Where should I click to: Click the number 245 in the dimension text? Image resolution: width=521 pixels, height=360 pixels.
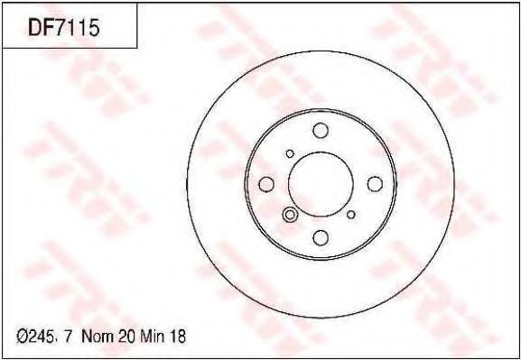(x=42, y=337)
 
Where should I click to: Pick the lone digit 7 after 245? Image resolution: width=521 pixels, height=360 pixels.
(x=68, y=337)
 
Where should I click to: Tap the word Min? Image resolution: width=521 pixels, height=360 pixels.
(x=153, y=337)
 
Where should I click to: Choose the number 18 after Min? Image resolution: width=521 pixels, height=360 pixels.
(x=177, y=337)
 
